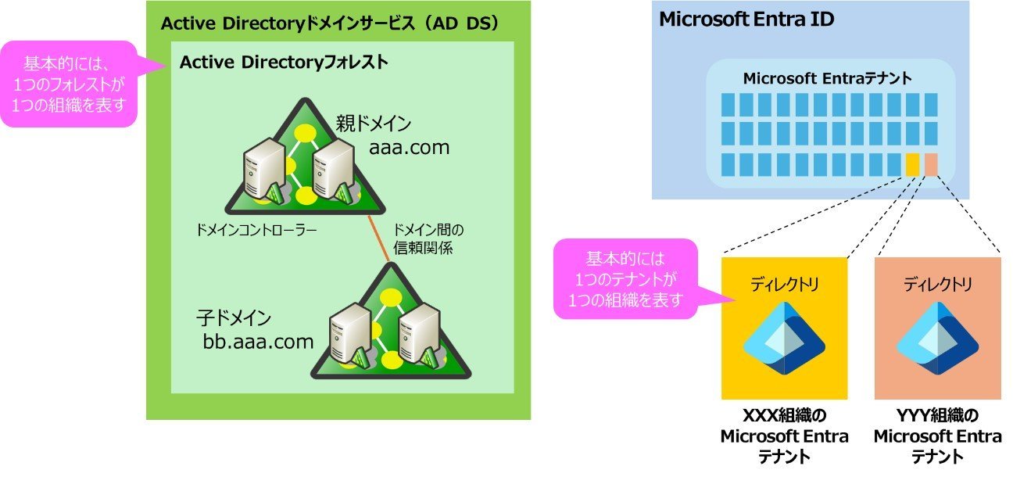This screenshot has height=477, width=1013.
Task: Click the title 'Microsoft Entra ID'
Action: tap(746, 20)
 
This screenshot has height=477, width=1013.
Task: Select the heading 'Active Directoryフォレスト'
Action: tap(284, 62)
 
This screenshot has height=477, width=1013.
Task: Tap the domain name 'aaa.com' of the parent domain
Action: tap(410, 148)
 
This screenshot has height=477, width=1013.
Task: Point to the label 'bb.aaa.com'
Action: tap(258, 342)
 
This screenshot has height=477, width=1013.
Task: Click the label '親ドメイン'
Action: tap(373, 124)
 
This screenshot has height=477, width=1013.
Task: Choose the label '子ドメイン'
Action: tap(234, 318)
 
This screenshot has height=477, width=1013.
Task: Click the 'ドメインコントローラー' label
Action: tap(256, 231)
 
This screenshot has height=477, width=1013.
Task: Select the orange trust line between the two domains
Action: tap(378, 238)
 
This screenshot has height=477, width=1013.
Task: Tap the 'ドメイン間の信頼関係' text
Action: tap(428, 239)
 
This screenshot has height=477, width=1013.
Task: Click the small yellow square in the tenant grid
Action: tap(912, 165)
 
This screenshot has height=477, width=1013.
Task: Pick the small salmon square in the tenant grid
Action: tap(931, 165)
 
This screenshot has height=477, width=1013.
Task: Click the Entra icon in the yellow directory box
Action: tap(784, 338)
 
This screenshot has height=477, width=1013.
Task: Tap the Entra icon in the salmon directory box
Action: tap(937, 338)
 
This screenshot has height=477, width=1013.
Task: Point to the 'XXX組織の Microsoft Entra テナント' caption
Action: tap(784, 436)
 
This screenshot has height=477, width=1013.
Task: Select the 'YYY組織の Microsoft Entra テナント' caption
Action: tap(937, 436)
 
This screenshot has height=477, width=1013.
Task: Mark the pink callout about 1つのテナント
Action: tap(626, 279)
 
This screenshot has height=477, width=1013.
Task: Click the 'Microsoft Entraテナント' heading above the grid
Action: tap(827, 78)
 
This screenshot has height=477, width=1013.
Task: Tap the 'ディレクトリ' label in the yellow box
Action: tap(784, 285)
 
